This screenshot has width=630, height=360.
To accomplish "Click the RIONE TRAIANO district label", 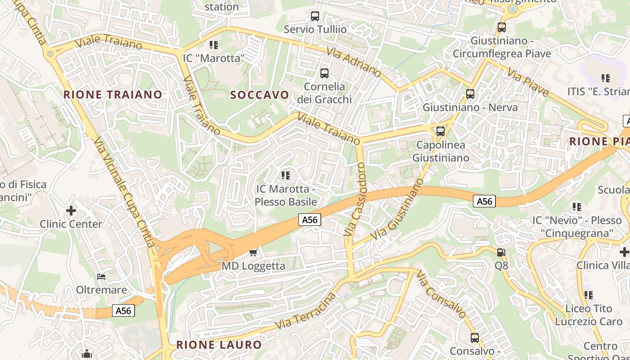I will point(112,94).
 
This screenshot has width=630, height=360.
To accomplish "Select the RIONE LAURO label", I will point(219,345).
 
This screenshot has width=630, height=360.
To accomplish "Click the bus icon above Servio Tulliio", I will point(315,16).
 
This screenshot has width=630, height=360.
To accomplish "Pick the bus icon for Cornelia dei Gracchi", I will point(324,73).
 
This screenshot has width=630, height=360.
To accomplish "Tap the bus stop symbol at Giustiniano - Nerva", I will point(470,94).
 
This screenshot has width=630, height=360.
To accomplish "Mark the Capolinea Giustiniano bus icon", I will point(441,131).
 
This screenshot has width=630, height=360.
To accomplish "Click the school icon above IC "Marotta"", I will point(213,45).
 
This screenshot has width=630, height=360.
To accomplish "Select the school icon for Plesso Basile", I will point(285,175).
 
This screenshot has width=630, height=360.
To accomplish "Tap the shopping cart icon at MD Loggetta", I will point(253,252).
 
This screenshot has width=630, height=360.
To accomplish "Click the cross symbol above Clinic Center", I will point(71,210).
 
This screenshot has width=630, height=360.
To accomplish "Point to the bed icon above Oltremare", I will point(101,276).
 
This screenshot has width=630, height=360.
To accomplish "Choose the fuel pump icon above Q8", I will point(501,252).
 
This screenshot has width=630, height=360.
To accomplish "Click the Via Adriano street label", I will point(354,63).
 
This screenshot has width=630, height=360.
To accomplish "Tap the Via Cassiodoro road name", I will point(355,200).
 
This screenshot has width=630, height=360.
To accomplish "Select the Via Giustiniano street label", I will point(398,210).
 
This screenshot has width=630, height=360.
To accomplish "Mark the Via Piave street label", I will point(528,82).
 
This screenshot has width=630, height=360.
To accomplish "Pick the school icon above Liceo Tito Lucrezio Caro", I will point(589,295).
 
